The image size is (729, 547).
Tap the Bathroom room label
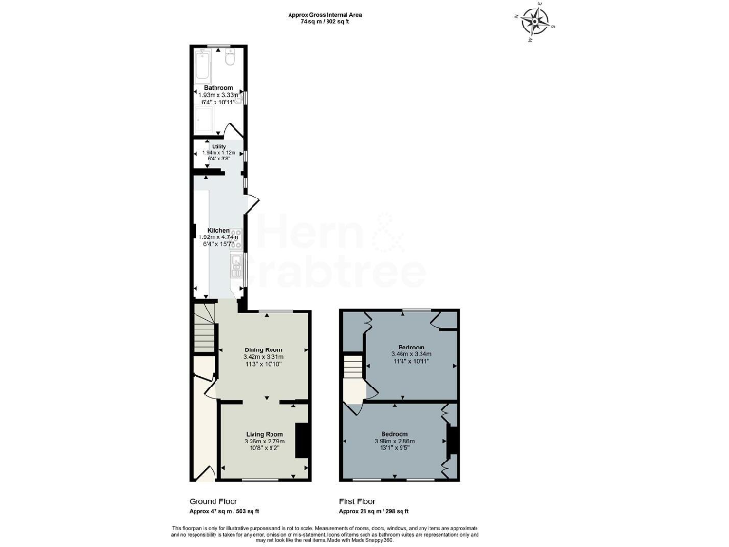pyautogui.click(x=217, y=88)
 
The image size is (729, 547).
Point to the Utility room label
pyautogui.click(x=218, y=146)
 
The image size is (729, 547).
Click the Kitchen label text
pyautogui.click(x=218, y=231)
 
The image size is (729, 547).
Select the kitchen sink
pyautogui.click(x=236, y=270)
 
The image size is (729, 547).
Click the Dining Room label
pyautogui.click(x=264, y=349)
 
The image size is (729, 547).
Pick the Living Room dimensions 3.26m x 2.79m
pyautogui.click(x=264, y=441)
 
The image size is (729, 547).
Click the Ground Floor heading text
pyautogui.click(x=214, y=500)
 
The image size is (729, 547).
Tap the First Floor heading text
pyautogui.click(x=358, y=500)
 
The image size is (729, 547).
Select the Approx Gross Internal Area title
pyautogui.click(x=326, y=14)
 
